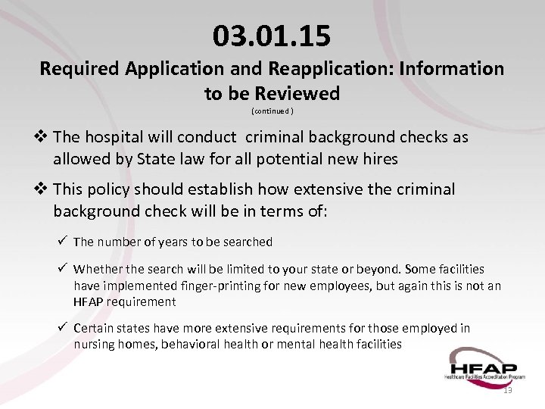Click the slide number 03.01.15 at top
coord(272,35)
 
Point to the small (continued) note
coord(272,111)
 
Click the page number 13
coord(507,390)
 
